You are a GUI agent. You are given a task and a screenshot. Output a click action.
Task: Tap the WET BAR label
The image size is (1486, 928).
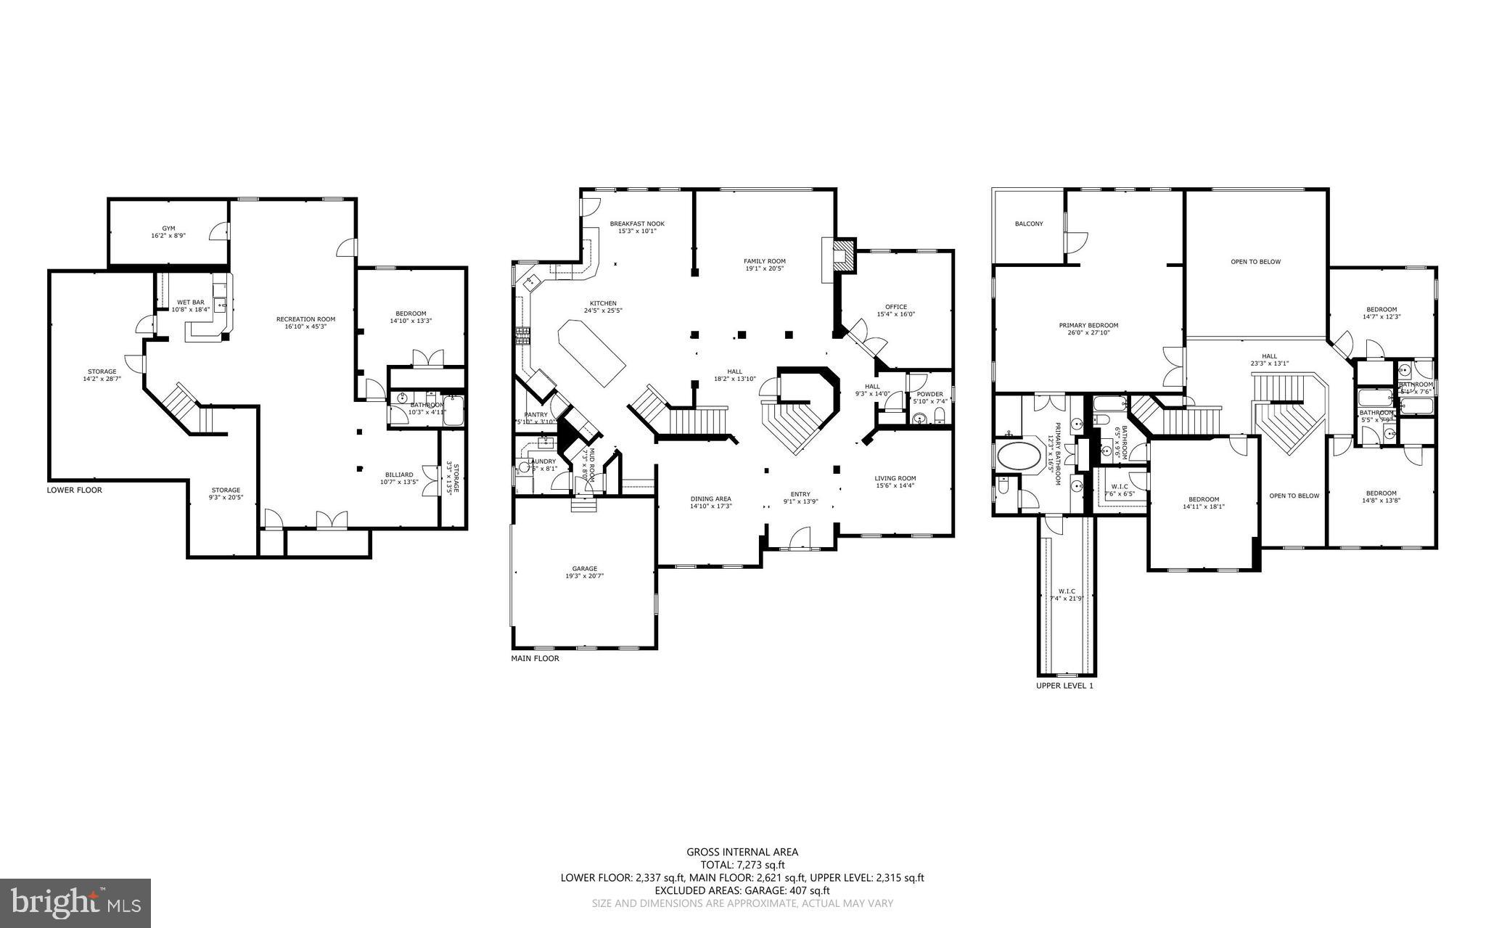[191, 302]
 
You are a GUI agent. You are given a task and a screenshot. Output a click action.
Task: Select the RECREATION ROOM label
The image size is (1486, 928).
[305, 319]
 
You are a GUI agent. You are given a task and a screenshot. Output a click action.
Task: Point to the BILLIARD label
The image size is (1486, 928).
[399, 475]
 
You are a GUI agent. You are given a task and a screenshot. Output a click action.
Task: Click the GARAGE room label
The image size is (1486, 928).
[584, 568]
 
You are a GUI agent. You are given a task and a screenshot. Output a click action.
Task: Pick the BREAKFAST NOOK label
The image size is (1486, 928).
[637, 223]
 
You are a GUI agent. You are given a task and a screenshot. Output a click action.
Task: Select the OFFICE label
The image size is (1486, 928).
[896, 307]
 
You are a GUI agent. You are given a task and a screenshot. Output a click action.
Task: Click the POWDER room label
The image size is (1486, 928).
[929, 394]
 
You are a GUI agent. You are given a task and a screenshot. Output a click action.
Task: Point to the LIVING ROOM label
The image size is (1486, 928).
[895, 478]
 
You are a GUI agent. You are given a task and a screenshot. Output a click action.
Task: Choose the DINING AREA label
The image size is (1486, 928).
[710, 498]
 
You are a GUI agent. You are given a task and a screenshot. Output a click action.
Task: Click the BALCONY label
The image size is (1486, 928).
[1029, 223]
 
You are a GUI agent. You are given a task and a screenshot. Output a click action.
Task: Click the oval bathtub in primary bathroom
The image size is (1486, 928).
[1019, 456]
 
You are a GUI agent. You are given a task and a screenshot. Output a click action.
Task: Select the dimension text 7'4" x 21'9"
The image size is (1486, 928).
[1067, 599]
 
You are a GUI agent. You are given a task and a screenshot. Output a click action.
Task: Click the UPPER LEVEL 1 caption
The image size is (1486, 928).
[1064, 685]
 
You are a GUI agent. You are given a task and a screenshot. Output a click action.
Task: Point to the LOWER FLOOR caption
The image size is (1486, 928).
[75, 490]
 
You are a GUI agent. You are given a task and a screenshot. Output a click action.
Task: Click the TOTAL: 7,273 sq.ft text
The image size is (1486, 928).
[742, 865]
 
